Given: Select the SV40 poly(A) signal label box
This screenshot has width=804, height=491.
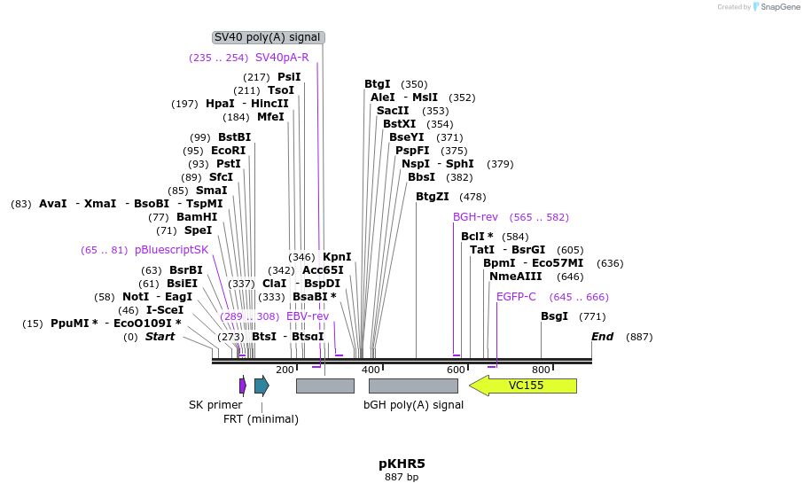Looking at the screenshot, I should (268, 37).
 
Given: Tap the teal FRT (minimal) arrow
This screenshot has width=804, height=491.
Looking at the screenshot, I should (261, 385).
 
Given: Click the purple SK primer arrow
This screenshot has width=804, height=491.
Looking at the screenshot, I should (243, 386).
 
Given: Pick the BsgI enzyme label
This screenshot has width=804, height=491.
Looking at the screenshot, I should (554, 316).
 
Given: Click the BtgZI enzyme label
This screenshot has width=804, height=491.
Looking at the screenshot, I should (433, 197).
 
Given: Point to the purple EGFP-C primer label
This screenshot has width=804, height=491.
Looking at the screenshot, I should (516, 297).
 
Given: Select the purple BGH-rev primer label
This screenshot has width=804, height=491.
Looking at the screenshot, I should (475, 217).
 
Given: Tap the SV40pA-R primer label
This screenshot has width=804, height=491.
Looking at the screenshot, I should (282, 58).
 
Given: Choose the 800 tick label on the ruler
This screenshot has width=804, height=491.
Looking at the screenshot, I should (541, 370).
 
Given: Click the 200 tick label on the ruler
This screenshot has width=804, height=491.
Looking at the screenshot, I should (285, 370).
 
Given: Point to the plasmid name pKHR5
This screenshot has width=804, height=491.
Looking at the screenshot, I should (402, 464).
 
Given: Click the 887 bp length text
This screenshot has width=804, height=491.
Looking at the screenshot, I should (402, 478).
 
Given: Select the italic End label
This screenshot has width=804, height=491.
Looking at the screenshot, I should (602, 337).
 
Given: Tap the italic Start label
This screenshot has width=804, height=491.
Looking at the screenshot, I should (160, 337).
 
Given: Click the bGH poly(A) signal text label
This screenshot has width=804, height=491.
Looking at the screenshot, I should (413, 405).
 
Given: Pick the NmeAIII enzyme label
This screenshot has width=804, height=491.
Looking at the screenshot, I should (515, 277).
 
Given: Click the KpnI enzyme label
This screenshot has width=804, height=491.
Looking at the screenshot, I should (337, 257).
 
